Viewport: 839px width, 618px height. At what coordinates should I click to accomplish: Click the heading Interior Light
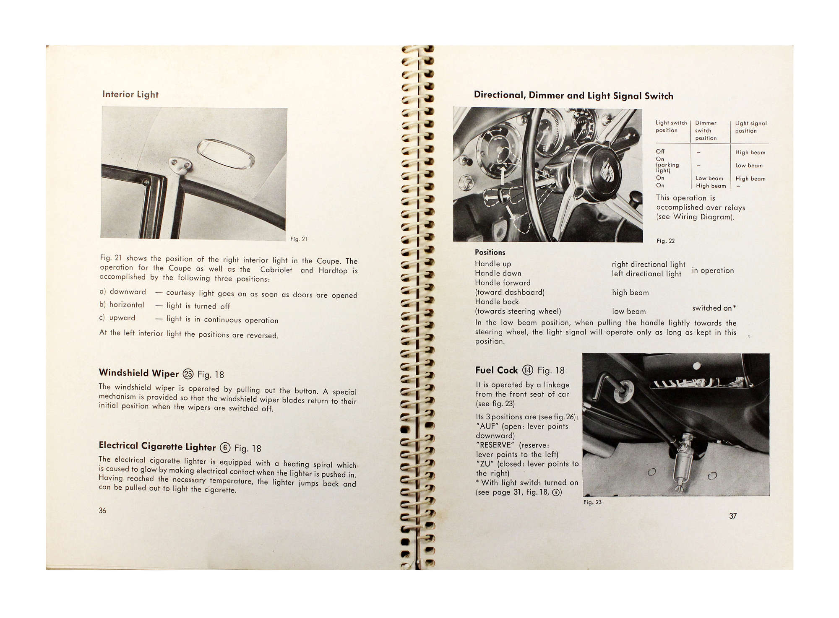(x=130, y=94)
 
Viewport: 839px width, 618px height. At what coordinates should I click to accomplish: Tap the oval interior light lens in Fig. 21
(x=226, y=154)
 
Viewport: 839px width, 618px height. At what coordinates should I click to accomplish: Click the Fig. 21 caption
(x=299, y=239)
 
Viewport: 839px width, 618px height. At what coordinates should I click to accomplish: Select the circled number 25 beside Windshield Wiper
(x=188, y=374)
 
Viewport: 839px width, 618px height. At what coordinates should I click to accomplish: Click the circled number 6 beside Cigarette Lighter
(x=225, y=448)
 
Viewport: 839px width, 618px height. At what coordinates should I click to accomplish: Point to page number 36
(x=102, y=510)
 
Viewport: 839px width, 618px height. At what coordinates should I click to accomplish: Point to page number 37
(x=733, y=516)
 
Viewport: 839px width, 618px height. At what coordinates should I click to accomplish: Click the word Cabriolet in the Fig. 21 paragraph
(x=276, y=270)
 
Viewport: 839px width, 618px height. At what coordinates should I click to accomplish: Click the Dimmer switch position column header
(x=706, y=130)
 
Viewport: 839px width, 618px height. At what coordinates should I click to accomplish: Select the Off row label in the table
(x=660, y=151)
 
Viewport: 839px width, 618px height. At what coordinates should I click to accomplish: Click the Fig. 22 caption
(x=666, y=241)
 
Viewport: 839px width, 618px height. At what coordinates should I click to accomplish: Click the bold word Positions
(x=490, y=252)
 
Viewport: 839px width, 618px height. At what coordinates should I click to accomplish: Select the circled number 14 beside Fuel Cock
(x=527, y=370)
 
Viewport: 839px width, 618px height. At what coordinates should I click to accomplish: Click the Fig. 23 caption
(x=592, y=502)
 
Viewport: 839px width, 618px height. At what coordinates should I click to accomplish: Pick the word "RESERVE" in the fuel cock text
(x=495, y=445)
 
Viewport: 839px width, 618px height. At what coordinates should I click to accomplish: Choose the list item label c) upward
(x=117, y=318)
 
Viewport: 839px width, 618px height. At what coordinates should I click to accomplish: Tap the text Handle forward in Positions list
(x=503, y=283)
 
